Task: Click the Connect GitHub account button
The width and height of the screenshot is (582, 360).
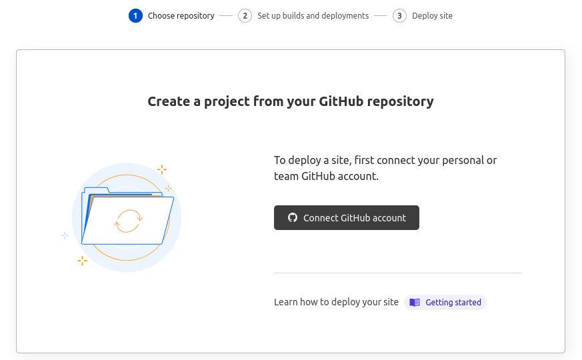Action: click(x=346, y=217)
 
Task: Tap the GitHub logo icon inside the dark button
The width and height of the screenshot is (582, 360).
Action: click(x=293, y=217)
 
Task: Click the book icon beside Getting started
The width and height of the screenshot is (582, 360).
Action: click(x=415, y=303)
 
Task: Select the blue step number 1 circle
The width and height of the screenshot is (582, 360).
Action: click(x=135, y=15)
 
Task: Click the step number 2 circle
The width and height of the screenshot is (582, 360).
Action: click(x=245, y=15)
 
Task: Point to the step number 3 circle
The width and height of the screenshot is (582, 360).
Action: click(x=399, y=15)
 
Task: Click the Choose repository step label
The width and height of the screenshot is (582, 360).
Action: click(x=181, y=15)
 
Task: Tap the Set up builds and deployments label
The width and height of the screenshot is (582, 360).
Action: click(x=313, y=15)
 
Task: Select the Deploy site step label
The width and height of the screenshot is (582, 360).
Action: click(x=432, y=15)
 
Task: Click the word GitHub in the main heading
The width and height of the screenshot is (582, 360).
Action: click(x=341, y=101)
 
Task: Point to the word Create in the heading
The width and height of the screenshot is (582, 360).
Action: click(x=169, y=101)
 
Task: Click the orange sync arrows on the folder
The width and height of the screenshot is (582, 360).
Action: click(x=128, y=221)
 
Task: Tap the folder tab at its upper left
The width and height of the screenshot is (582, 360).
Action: click(x=97, y=190)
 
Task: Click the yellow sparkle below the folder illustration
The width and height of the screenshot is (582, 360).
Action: click(x=83, y=261)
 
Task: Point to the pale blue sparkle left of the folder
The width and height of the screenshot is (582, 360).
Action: click(x=65, y=235)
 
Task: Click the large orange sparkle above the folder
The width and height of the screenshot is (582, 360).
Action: click(x=162, y=169)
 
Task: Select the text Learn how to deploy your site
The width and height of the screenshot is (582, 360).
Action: click(x=336, y=302)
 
